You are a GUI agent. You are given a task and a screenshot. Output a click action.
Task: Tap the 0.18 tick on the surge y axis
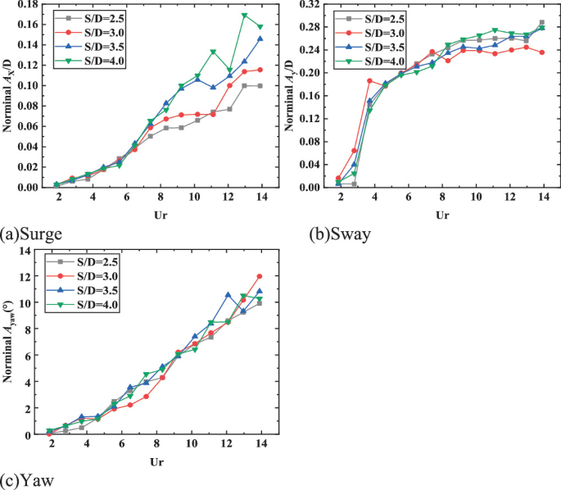pyautogui.click(x=27, y=4)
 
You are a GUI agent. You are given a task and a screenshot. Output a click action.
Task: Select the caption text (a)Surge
pyautogui.click(x=34, y=234)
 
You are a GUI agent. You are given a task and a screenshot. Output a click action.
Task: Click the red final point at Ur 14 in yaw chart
pyautogui.click(x=260, y=276)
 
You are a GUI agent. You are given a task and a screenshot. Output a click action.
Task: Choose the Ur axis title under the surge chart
pyautogui.click(x=159, y=215)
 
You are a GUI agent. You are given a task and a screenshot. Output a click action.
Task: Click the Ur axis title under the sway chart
pyautogui.click(x=441, y=215)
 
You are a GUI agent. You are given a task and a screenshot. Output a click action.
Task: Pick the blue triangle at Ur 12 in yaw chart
pyautogui.click(x=228, y=294)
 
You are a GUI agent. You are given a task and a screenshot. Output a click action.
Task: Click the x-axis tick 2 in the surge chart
pyautogui.click(x=57, y=197)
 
